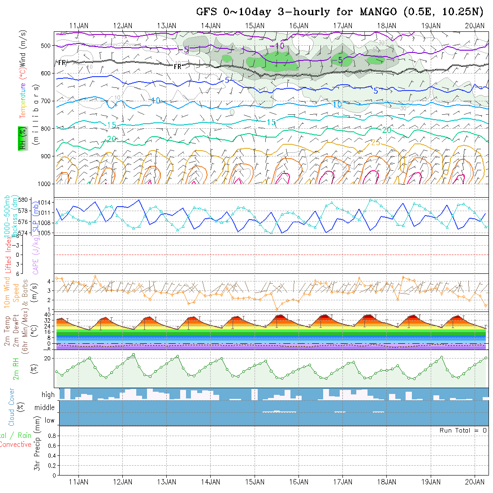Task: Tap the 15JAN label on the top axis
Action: click(x=255, y=26)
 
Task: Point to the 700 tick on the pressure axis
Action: click(x=46, y=101)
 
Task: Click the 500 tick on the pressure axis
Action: click(x=46, y=45)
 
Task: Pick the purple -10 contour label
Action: click(x=277, y=46)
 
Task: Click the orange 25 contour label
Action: click(x=376, y=143)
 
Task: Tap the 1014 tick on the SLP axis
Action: click(x=46, y=203)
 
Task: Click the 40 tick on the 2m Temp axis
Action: click(x=48, y=315)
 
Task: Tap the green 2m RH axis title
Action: click(x=16, y=367)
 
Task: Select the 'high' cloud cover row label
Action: click(x=48, y=395)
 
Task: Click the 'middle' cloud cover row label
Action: click(x=45, y=407)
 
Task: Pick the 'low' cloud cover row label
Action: click(x=49, y=420)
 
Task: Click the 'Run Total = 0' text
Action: click(x=463, y=430)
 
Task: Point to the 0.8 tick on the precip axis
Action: click(x=51, y=436)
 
